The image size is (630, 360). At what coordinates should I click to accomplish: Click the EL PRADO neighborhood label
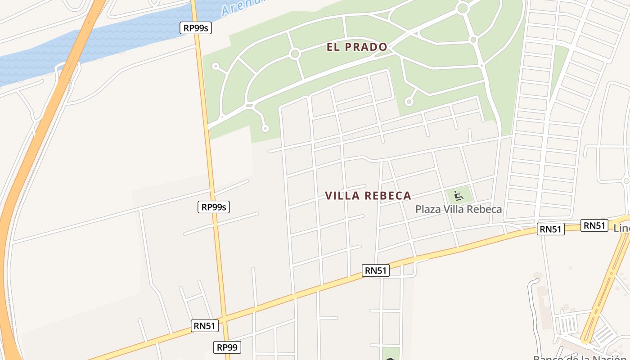pos(357,47)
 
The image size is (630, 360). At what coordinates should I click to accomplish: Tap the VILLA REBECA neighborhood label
pos(368,196)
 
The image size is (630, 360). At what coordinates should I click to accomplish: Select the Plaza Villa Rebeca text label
pos(458,209)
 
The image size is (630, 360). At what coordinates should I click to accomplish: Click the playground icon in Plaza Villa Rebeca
pos(459,196)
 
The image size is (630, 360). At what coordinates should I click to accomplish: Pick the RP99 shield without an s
pos(227,347)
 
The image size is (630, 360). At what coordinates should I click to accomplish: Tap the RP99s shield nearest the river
pos(196,28)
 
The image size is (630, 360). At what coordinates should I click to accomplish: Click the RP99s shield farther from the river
pos(214,207)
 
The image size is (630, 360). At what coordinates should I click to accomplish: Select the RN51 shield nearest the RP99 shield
pos(205,326)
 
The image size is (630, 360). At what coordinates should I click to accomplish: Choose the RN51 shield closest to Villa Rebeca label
pos(375,270)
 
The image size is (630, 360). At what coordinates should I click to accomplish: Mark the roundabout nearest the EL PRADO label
pos(295,54)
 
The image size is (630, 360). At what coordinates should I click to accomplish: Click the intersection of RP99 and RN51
pos(225,318)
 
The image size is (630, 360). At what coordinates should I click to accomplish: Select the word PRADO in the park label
pos(370,47)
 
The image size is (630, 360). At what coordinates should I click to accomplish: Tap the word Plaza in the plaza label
pos(428,209)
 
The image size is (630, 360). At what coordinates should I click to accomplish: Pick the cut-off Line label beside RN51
pos(621,228)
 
